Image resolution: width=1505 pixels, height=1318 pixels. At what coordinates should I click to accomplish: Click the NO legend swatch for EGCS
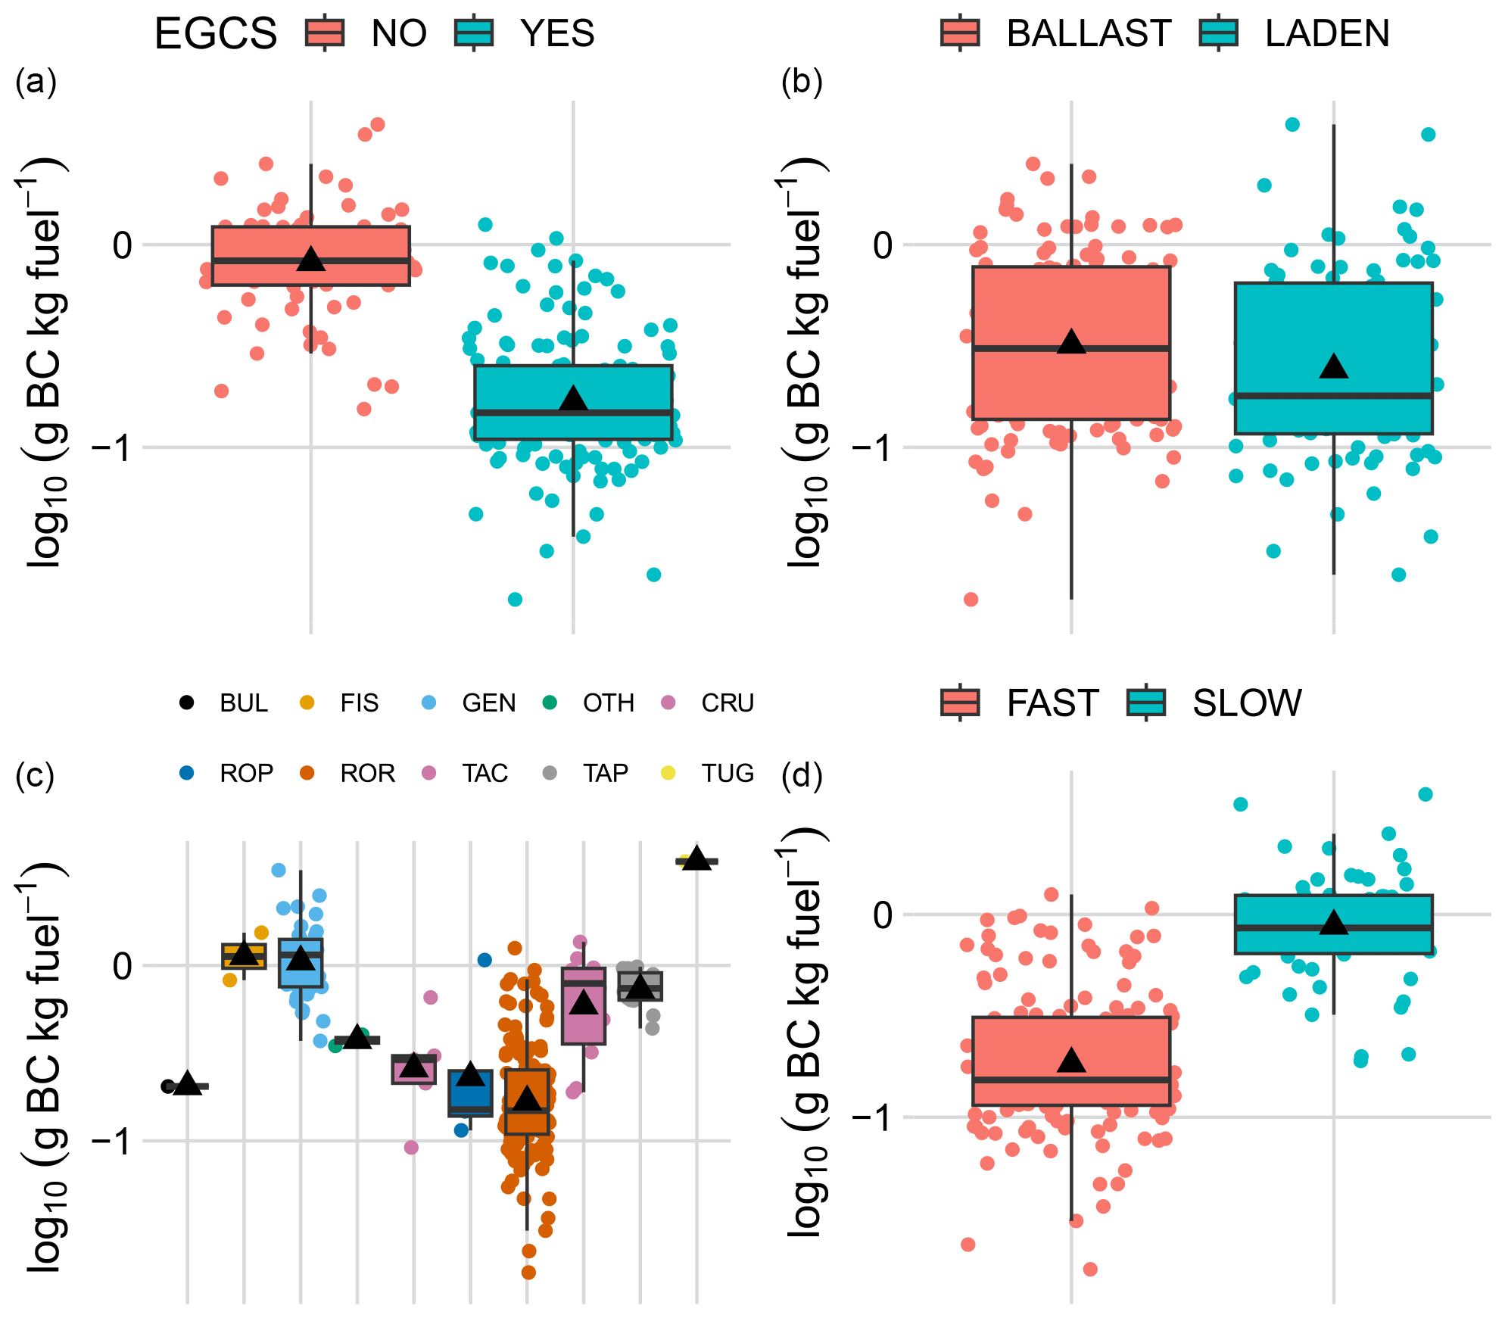325,33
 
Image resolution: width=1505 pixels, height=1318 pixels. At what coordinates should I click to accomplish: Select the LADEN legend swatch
1219,33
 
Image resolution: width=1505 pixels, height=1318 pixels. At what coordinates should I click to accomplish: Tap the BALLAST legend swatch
960,33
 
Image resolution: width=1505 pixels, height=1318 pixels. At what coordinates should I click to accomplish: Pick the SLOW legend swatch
1146,703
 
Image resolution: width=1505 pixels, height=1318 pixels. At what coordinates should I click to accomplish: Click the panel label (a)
36,81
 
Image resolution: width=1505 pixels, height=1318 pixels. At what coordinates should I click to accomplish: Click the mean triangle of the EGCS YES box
573,398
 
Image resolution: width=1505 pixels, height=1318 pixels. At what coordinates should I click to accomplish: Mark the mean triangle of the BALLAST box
1071,342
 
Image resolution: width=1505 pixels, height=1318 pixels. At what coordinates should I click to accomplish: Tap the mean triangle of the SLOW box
1334,923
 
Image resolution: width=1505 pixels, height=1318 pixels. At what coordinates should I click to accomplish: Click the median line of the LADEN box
1334,395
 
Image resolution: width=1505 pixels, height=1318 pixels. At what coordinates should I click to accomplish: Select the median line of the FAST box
1071,1080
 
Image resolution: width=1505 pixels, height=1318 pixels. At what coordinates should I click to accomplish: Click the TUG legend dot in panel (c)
668,773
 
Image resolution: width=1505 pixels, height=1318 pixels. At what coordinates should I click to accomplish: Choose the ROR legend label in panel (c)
368,773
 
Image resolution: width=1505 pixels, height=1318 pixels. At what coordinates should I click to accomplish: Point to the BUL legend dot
186,703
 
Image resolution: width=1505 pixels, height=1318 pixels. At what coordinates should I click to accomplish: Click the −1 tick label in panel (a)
111,447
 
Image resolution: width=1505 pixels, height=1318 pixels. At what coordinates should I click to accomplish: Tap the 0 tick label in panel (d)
883,914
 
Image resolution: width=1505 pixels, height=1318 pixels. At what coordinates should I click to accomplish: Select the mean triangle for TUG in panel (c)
696,858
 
